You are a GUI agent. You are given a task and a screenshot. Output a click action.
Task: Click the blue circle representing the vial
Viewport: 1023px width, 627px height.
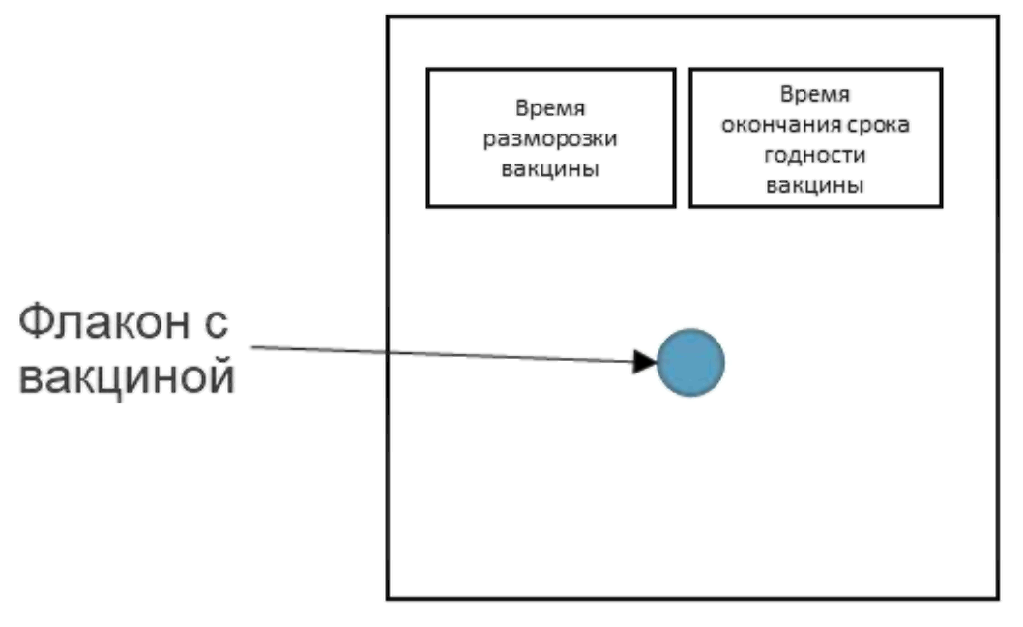690,363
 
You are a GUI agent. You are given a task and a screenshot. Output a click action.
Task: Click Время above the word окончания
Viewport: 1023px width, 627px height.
814,97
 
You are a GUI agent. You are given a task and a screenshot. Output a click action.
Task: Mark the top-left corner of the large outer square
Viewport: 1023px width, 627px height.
389,16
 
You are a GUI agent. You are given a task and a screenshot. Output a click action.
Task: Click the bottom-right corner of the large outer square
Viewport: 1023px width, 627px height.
998,598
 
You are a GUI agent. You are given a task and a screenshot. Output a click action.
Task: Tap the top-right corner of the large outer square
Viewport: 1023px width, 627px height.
998,16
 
